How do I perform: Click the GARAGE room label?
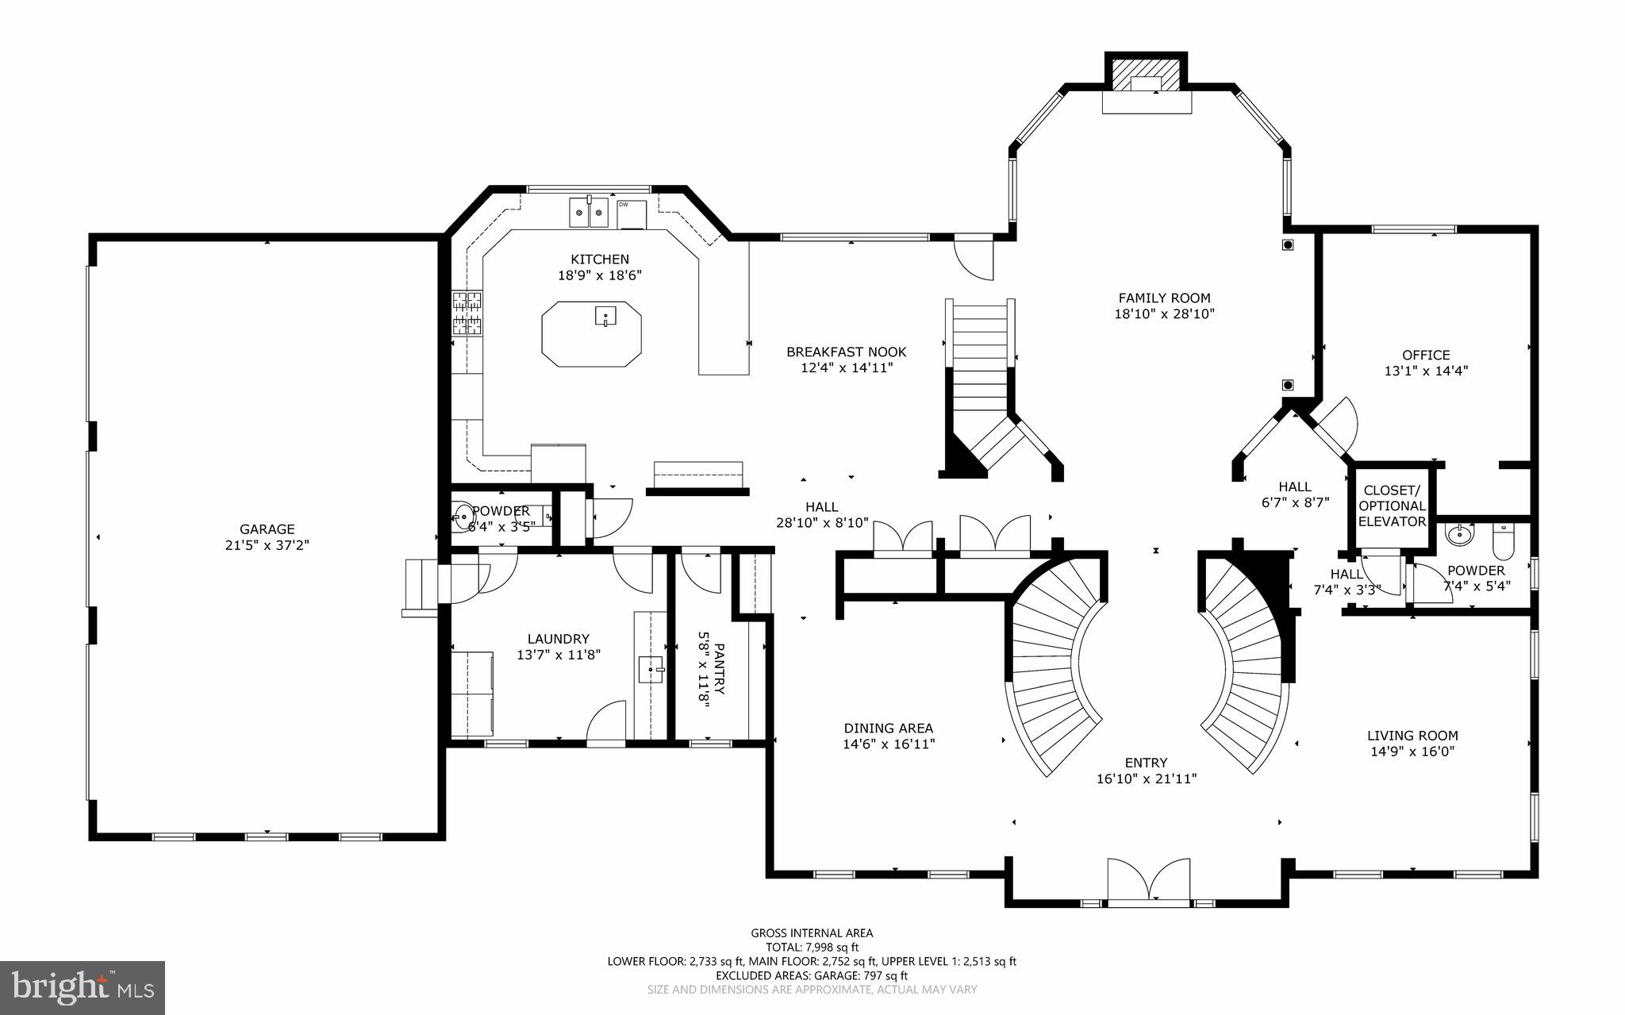click(267, 529)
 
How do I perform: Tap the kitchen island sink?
click(605, 316)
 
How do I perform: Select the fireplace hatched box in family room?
click(1147, 76)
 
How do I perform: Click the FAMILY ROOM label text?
click(1164, 298)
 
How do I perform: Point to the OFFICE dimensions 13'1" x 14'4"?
click(1426, 371)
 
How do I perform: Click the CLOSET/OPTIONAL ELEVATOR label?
click(1393, 506)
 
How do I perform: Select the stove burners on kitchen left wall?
click(467, 313)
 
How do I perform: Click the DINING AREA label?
click(888, 728)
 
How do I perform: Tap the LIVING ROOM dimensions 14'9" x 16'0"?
click(1412, 752)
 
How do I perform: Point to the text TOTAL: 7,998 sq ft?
click(812, 948)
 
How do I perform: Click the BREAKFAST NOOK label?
click(846, 352)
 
